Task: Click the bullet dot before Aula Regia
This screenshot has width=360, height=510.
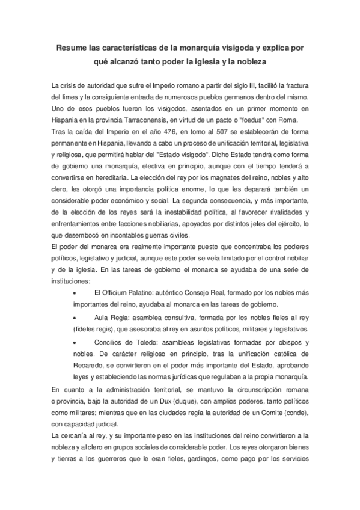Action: coord(74,317)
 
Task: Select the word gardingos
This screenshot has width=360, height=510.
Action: coord(206,458)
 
